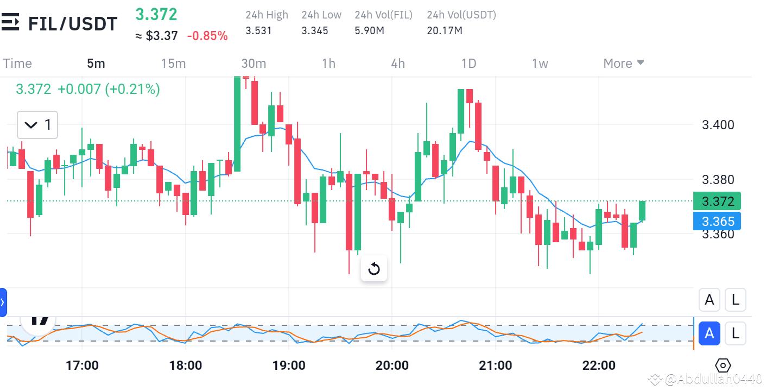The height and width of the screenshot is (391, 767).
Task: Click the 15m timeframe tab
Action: coord(173,64)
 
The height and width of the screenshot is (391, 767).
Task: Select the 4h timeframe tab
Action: coord(398,64)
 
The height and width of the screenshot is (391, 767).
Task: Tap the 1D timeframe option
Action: coord(468,64)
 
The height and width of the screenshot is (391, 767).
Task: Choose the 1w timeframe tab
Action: coord(540,64)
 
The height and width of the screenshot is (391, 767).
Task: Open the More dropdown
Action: coord(624,64)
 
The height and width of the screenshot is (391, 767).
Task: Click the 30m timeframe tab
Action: coord(253,64)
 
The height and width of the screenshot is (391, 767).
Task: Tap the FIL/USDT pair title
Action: coord(72,24)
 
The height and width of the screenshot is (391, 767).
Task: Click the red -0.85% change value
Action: coord(207,36)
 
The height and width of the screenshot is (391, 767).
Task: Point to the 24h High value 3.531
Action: coord(258,31)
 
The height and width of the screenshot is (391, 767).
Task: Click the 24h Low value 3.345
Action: coord(315,31)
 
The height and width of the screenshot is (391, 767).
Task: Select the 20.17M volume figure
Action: coord(445,31)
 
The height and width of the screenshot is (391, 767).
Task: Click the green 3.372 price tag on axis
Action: coord(717,201)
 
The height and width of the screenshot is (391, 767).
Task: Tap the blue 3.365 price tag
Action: coord(717,222)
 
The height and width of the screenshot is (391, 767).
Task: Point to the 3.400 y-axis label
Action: coord(718,125)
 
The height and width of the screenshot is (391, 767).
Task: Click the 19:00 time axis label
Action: coord(289,365)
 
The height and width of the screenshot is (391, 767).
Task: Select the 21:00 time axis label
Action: coord(496,365)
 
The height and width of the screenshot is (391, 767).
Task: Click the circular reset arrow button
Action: coord(374,269)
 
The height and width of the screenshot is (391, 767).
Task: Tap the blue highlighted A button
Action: coord(709,333)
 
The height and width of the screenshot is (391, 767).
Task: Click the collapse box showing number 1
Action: coord(37,125)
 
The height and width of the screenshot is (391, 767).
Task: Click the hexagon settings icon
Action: coord(724,365)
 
